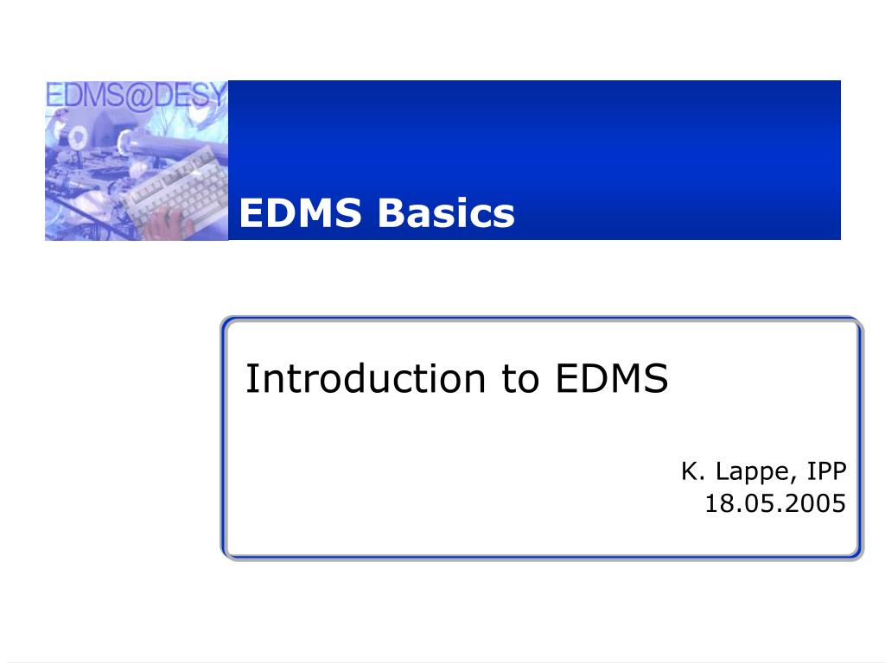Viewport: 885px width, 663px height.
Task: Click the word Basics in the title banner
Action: point(446,213)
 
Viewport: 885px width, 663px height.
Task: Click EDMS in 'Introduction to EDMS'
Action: point(612,378)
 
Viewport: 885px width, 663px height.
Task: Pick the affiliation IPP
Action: point(827,471)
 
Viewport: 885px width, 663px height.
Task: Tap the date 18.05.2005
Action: point(775,503)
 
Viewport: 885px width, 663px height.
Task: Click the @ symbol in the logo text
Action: point(140,95)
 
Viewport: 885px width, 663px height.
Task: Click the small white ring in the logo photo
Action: point(77,137)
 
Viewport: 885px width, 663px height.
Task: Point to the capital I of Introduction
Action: point(250,378)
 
